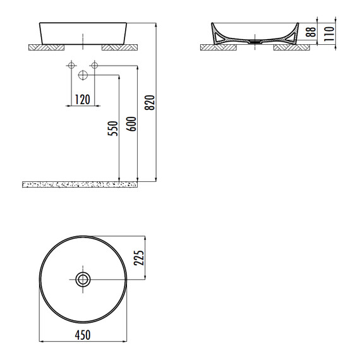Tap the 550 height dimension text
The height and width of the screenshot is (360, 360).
[112, 129]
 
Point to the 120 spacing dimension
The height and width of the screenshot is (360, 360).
[82, 99]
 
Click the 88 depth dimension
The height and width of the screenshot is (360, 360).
[309, 33]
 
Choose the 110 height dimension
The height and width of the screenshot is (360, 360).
[327, 33]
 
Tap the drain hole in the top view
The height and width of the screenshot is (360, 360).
[83, 279]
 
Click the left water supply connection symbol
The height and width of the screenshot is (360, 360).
[70, 65]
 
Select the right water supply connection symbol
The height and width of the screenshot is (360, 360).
[95, 65]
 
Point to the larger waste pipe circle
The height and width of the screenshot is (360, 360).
[83, 75]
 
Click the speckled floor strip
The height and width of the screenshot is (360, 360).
[80, 185]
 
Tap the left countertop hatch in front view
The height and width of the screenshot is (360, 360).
[47, 47]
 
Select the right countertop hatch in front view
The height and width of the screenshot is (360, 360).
[118, 47]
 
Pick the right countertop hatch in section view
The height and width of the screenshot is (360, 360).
[290, 47]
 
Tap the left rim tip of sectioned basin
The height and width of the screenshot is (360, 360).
[211, 25]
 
